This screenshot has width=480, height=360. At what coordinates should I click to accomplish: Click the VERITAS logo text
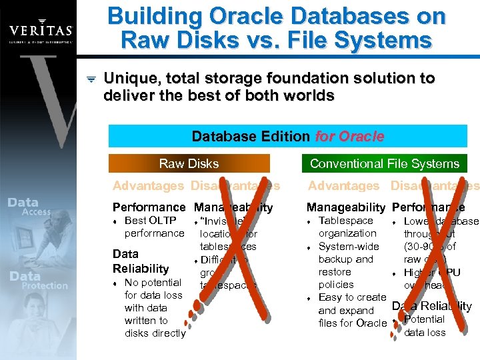pyautogui.click(x=40, y=30)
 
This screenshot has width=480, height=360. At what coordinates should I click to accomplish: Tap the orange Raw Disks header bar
pyautogui.click(x=189, y=163)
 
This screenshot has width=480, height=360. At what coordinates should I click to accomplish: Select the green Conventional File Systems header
pyautogui.click(x=385, y=163)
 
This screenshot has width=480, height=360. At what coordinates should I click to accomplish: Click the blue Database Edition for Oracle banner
pyautogui.click(x=288, y=137)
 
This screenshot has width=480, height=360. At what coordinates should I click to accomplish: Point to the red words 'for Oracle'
pyautogui.click(x=349, y=137)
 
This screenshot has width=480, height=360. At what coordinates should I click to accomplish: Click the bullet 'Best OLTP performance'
pyautogui.click(x=154, y=227)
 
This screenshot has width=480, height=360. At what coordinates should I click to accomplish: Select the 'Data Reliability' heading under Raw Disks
pyautogui.click(x=141, y=261)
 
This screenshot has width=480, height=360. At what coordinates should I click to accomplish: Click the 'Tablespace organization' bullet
pyautogui.click(x=347, y=227)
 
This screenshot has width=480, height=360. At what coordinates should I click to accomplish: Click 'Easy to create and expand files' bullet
pyautogui.click(x=352, y=310)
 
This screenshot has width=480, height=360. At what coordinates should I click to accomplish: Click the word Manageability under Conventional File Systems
pyautogui.click(x=345, y=208)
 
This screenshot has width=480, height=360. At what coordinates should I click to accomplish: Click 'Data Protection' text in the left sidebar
pyautogui.click(x=37, y=280)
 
